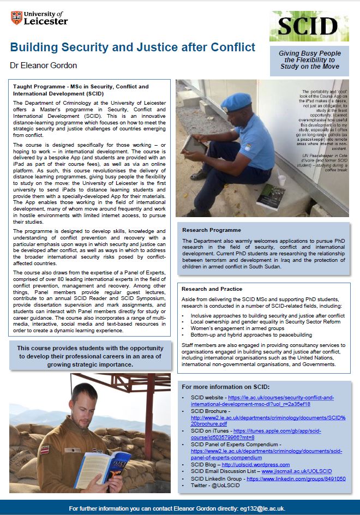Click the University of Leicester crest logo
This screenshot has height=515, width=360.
[16, 18]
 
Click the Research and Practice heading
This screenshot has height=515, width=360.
[213, 289]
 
